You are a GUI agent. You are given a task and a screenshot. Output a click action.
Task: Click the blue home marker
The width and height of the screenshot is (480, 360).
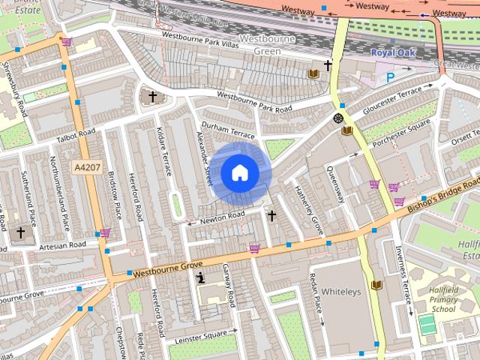pyautogui.click(x=240, y=173)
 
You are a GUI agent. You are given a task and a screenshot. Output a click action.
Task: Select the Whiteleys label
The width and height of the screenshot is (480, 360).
pyautogui.click(x=341, y=291)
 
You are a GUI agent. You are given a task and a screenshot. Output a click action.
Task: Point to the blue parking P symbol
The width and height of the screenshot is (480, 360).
pyautogui.click(x=391, y=76)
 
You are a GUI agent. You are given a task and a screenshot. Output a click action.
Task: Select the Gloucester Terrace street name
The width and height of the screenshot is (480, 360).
pyautogui.click(x=393, y=101)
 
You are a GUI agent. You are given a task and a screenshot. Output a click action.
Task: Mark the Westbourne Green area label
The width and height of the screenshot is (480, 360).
pyautogui.click(x=259, y=44)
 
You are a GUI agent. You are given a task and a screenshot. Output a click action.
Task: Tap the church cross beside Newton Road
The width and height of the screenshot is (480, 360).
pyautogui.click(x=271, y=216)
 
